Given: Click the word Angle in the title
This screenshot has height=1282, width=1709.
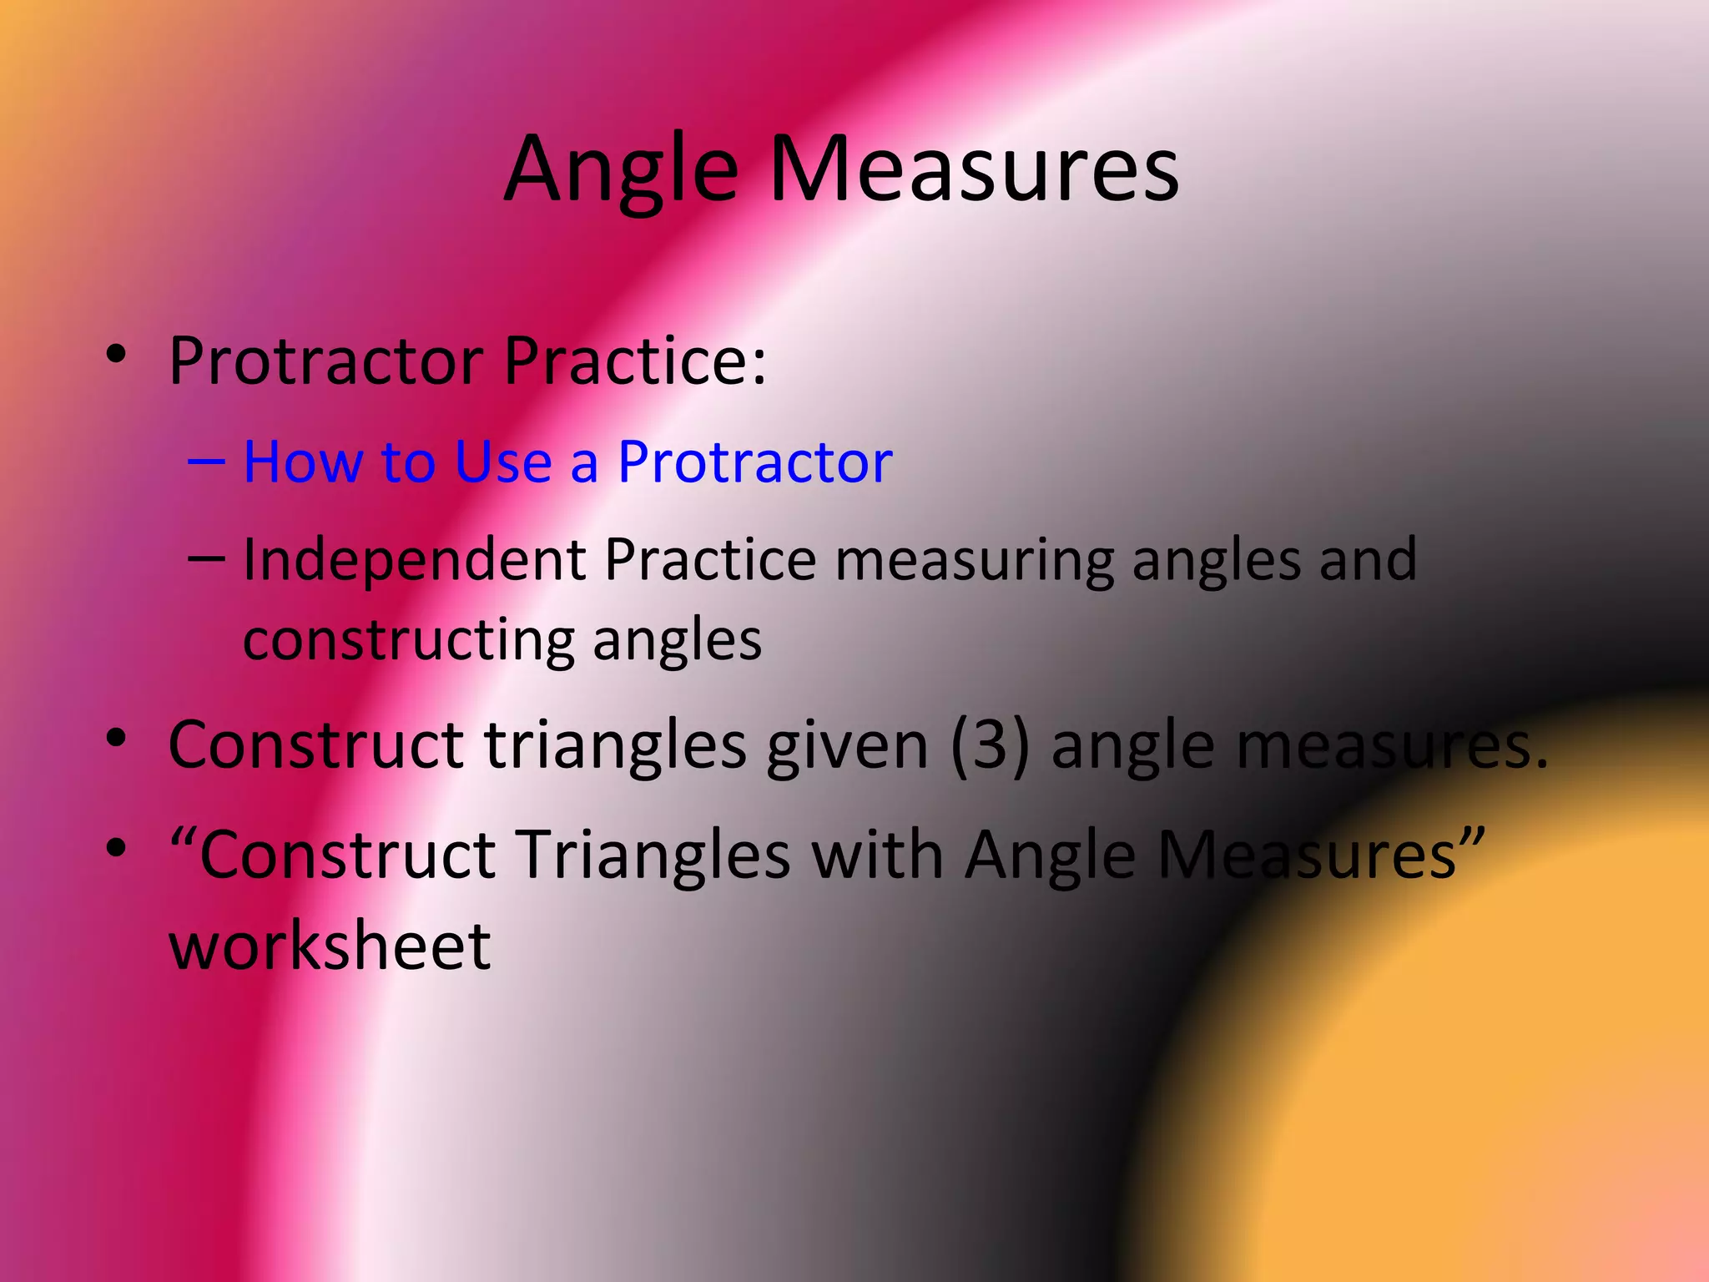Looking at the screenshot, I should tap(621, 171).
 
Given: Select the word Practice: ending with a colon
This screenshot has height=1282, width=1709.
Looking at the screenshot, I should tap(634, 361).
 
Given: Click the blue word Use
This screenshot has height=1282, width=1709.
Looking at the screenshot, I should tap(503, 462).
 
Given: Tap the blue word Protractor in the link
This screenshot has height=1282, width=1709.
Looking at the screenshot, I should tap(754, 462).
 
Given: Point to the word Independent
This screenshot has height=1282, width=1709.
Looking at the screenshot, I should tap(414, 559).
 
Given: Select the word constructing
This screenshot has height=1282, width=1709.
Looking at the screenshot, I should tap(409, 640).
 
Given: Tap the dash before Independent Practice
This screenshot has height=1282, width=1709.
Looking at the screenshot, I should tap(206, 558).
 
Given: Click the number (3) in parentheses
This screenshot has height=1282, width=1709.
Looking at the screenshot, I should tap(990, 744).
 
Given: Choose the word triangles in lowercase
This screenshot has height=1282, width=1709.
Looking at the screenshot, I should tap(615, 744).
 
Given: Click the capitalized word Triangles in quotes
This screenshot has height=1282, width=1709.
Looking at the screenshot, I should tap(653, 856).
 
